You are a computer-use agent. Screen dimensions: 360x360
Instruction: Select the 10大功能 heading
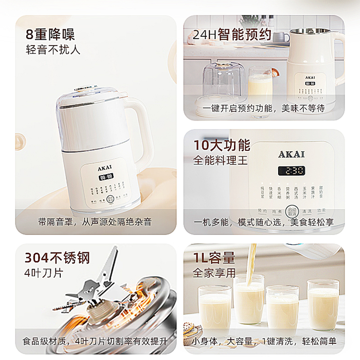pos(221,145)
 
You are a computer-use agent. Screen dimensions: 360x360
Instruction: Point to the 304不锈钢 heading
pos(57,258)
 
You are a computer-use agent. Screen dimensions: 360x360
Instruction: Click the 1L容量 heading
pos(214,258)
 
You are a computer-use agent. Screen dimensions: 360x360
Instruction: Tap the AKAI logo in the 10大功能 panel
pos(291,154)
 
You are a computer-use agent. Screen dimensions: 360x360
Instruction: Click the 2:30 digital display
pos(291,171)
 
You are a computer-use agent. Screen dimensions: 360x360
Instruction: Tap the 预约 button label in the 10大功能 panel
pos(262,211)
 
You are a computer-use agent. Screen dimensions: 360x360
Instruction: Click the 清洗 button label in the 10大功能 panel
pos(307,211)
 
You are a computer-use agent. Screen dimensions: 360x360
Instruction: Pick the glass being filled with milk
pos(249,301)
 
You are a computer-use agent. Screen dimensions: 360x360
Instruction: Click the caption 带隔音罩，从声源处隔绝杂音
pos(95,222)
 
